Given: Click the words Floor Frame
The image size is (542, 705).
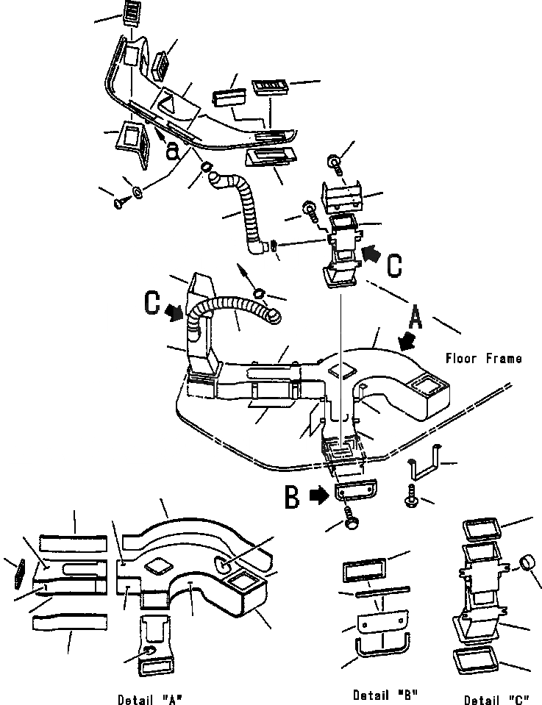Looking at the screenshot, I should (x=483, y=359).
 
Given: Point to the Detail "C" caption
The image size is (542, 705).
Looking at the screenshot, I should (x=496, y=698).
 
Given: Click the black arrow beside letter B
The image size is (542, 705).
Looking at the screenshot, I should (x=318, y=496).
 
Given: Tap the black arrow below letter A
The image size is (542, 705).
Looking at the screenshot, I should (x=405, y=340).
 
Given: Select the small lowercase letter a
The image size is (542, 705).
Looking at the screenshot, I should (x=172, y=150).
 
